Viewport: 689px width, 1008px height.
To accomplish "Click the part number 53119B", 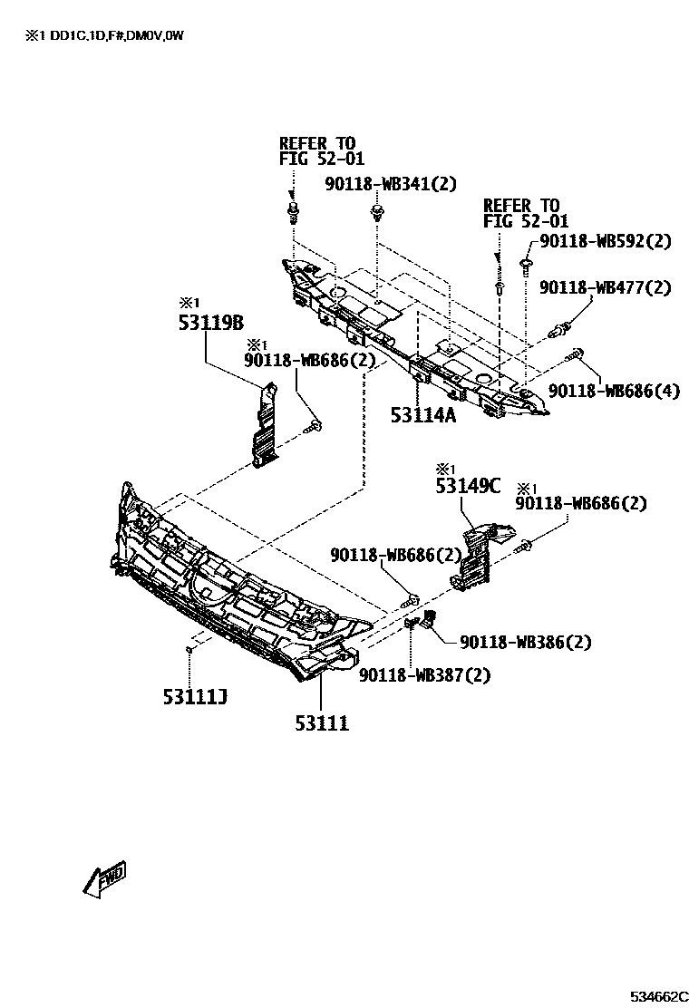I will pos(211,323).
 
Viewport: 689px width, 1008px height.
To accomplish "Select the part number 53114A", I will pos(422,415).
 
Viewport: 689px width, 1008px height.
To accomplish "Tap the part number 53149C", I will pos(468,487).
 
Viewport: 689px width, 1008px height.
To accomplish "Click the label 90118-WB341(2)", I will pos(391,184).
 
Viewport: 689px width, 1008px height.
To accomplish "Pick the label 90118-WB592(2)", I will pos(606,241).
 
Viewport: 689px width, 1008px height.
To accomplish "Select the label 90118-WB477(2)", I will pos(606,287).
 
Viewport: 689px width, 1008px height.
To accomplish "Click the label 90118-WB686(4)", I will pos(614,391).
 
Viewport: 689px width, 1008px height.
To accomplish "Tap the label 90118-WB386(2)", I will pos(526,642).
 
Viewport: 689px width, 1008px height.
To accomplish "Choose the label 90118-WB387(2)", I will pos(424,675).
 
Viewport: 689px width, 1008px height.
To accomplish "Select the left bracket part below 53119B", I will pos(264,427).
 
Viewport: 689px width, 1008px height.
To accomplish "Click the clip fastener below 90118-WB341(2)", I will pos(376,215).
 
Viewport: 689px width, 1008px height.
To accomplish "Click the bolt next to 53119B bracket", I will pos(315,422).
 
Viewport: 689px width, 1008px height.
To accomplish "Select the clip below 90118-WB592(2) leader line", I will pos(526,264).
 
